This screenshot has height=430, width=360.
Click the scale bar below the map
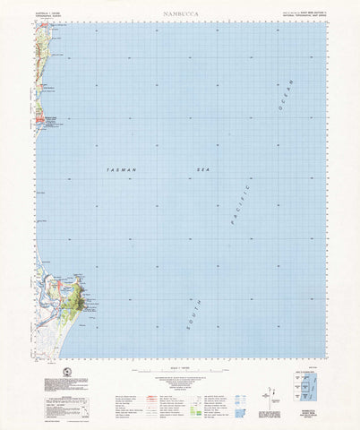[x=179, y=363]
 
